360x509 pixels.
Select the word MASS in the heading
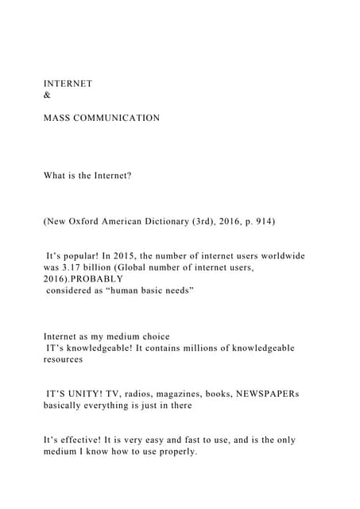coord(58,118)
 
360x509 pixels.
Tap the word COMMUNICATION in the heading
coord(118,118)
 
